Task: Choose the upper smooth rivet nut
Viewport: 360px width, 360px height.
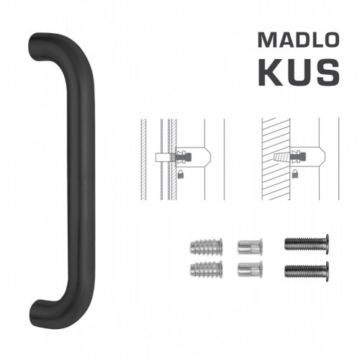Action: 248,246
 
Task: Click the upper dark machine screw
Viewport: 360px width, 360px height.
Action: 307,245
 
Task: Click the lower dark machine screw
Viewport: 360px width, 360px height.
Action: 307,271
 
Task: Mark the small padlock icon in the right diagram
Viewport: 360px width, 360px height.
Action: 296,174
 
